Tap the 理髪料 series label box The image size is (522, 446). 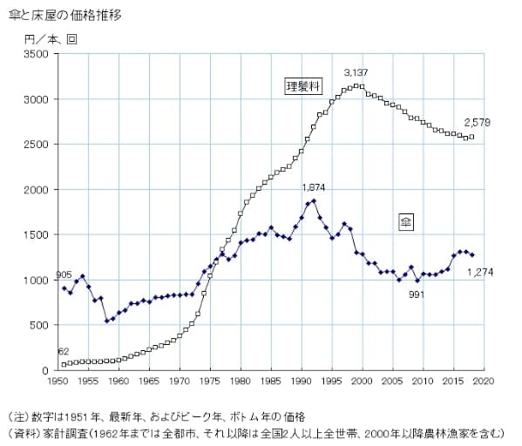tap(304, 85)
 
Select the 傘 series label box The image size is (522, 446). tap(405, 222)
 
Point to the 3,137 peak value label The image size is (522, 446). tap(358, 72)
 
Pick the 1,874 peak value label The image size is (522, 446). tap(315, 187)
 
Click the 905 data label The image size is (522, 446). tap(64, 276)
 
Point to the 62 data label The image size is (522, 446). tap(64, 351)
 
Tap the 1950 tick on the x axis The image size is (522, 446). tap(58, 382)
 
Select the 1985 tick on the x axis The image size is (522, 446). tap(271, 382)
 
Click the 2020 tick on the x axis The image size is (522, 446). tap(484, 382)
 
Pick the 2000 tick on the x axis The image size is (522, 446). tap(362, 382)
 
